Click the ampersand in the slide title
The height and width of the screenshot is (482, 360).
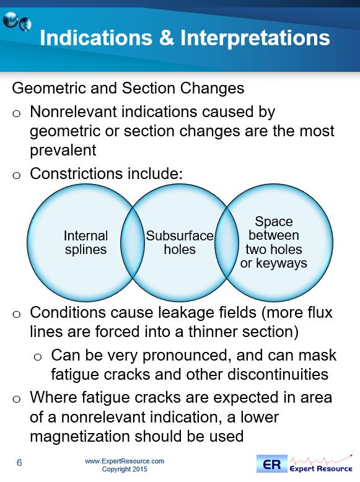coord(166,38)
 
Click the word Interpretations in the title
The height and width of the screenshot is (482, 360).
coord(255,38)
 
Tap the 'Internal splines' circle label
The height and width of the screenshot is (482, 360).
coord(86,242)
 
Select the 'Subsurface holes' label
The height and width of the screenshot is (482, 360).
coord(180,242)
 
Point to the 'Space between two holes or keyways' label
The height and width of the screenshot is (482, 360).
coord(274,242)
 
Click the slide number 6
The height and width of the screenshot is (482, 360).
coord(19,462)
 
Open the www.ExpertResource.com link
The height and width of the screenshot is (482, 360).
coord(124,461)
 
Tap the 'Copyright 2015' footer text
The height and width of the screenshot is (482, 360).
coord(125,469)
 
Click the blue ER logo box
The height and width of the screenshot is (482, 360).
coord(272,464)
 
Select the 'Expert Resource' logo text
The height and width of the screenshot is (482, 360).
coord(321,469)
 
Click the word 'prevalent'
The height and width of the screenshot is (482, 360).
coord(63,151)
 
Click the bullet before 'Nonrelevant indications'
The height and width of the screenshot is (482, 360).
coord(16,113)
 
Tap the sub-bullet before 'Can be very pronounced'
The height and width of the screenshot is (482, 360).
coord(38,357)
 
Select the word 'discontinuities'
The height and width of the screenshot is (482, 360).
coord(278,374)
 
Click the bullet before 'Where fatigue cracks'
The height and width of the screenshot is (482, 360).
coord(16,399)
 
